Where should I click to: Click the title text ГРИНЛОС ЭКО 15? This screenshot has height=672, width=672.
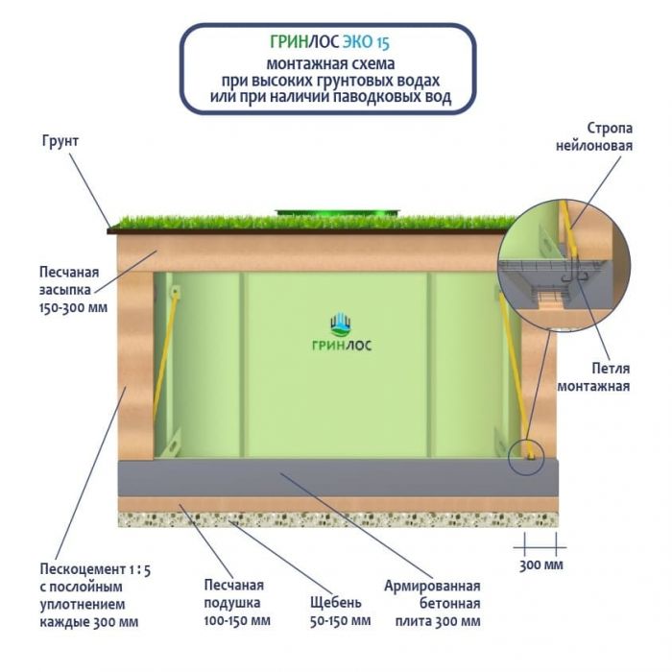[x=329, y=43]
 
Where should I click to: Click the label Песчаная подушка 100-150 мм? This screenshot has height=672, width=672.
[x=233, y=602]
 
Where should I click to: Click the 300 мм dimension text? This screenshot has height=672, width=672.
[x=540, y=564]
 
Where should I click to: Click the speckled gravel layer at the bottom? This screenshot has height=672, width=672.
[x=336, y=519]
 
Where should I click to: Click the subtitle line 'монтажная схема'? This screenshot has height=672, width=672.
[x=329, y=64]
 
